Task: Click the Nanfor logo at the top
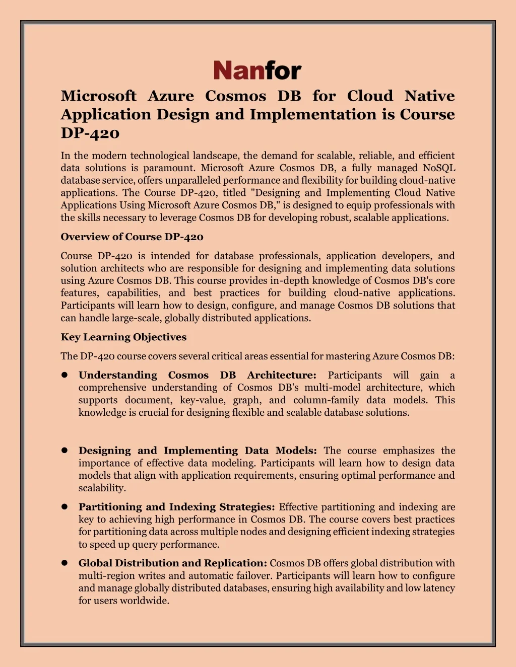point(257,70)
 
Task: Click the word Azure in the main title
point(170,96)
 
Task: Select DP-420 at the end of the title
point(90,133)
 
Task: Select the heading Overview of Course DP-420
point(132,237)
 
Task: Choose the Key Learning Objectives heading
point(123,337)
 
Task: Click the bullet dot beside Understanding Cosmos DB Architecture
point(64,375)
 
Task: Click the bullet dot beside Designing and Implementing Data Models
point(64,451)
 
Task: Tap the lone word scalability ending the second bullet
point(101,488)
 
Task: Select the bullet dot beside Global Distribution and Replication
point(64,563)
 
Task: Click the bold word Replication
point(235,563)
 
